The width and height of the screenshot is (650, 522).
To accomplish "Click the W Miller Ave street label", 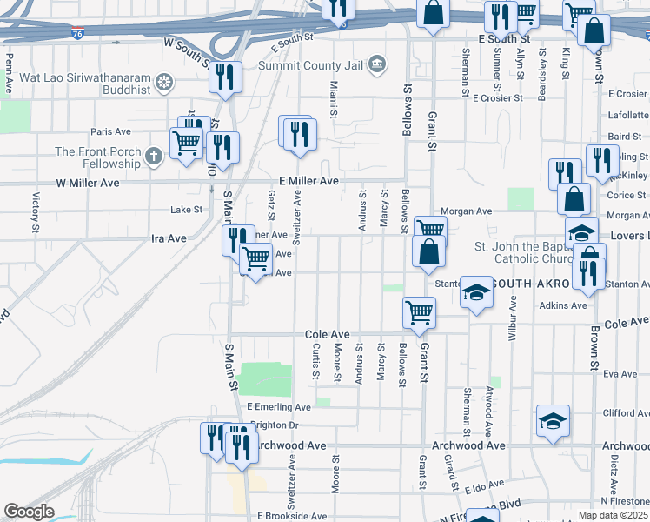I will tap(87, 184).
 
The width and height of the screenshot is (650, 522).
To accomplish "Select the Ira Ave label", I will tap(169, 238).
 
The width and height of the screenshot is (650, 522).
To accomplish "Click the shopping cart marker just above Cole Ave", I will tap(419, 312).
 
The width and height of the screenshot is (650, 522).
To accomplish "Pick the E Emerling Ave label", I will tap(278, 407).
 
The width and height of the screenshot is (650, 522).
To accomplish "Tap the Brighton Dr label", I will tap(274, 425).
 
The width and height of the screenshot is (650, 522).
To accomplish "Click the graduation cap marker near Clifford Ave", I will tap(553, 421).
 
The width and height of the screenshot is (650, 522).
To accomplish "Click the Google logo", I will tap(29, 512).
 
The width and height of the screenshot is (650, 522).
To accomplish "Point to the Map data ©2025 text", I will tap(613, 515).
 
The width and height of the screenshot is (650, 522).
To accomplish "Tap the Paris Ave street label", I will tap(110, 132).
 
